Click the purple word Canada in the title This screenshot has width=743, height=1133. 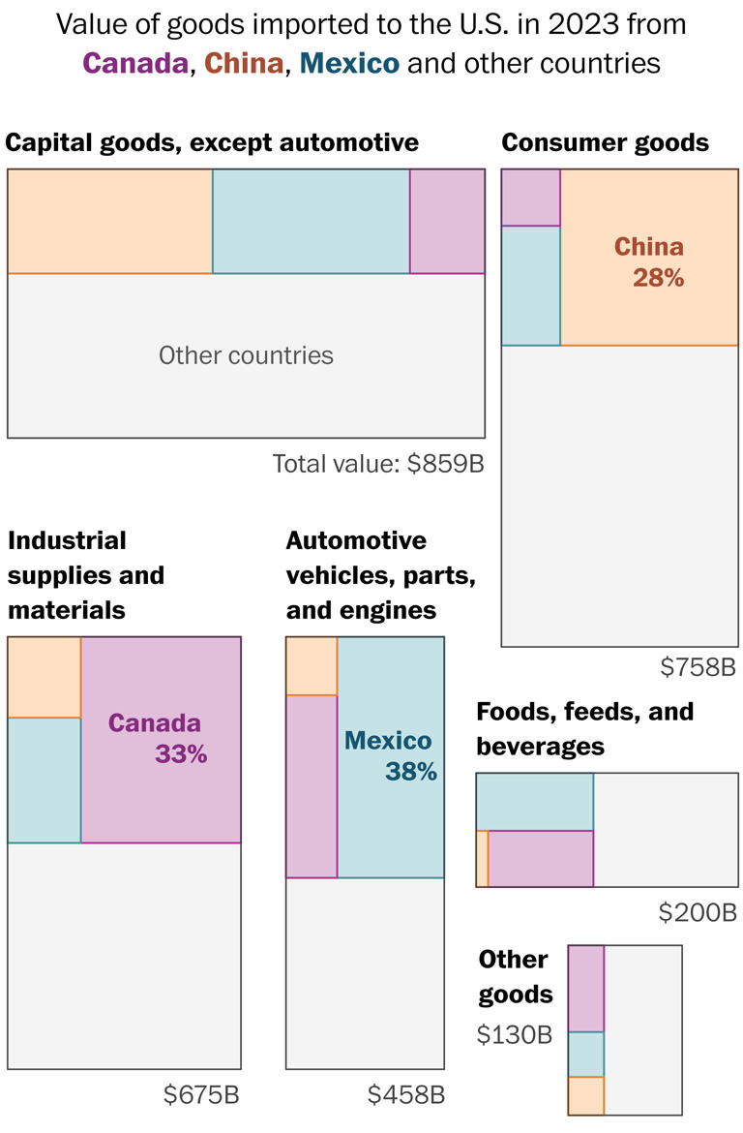coord(135,63)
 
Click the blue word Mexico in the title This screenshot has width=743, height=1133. coord(349,63)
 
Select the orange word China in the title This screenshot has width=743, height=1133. coord(244,63)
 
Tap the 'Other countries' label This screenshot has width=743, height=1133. coord(246,355)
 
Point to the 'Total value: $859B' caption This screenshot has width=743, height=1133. coord(377,464)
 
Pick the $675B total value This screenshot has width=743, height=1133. coord(200,1095)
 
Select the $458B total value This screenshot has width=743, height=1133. coord(406,1095)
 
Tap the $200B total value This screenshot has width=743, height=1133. coord(698,912)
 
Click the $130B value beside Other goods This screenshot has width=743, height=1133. coord(515,1034)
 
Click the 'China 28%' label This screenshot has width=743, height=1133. coord(650,261)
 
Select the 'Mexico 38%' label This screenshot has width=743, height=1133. coord(391,755)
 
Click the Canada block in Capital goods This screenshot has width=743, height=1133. coord(447,222)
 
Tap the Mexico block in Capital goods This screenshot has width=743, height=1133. coord(311,222)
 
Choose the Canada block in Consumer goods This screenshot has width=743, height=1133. coord(530,198)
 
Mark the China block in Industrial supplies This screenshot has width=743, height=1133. coord(44,677)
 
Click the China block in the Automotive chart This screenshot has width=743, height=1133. coord(312,666)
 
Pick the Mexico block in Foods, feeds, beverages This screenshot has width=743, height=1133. coord(534,802)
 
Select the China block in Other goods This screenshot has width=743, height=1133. coord(585,1095)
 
